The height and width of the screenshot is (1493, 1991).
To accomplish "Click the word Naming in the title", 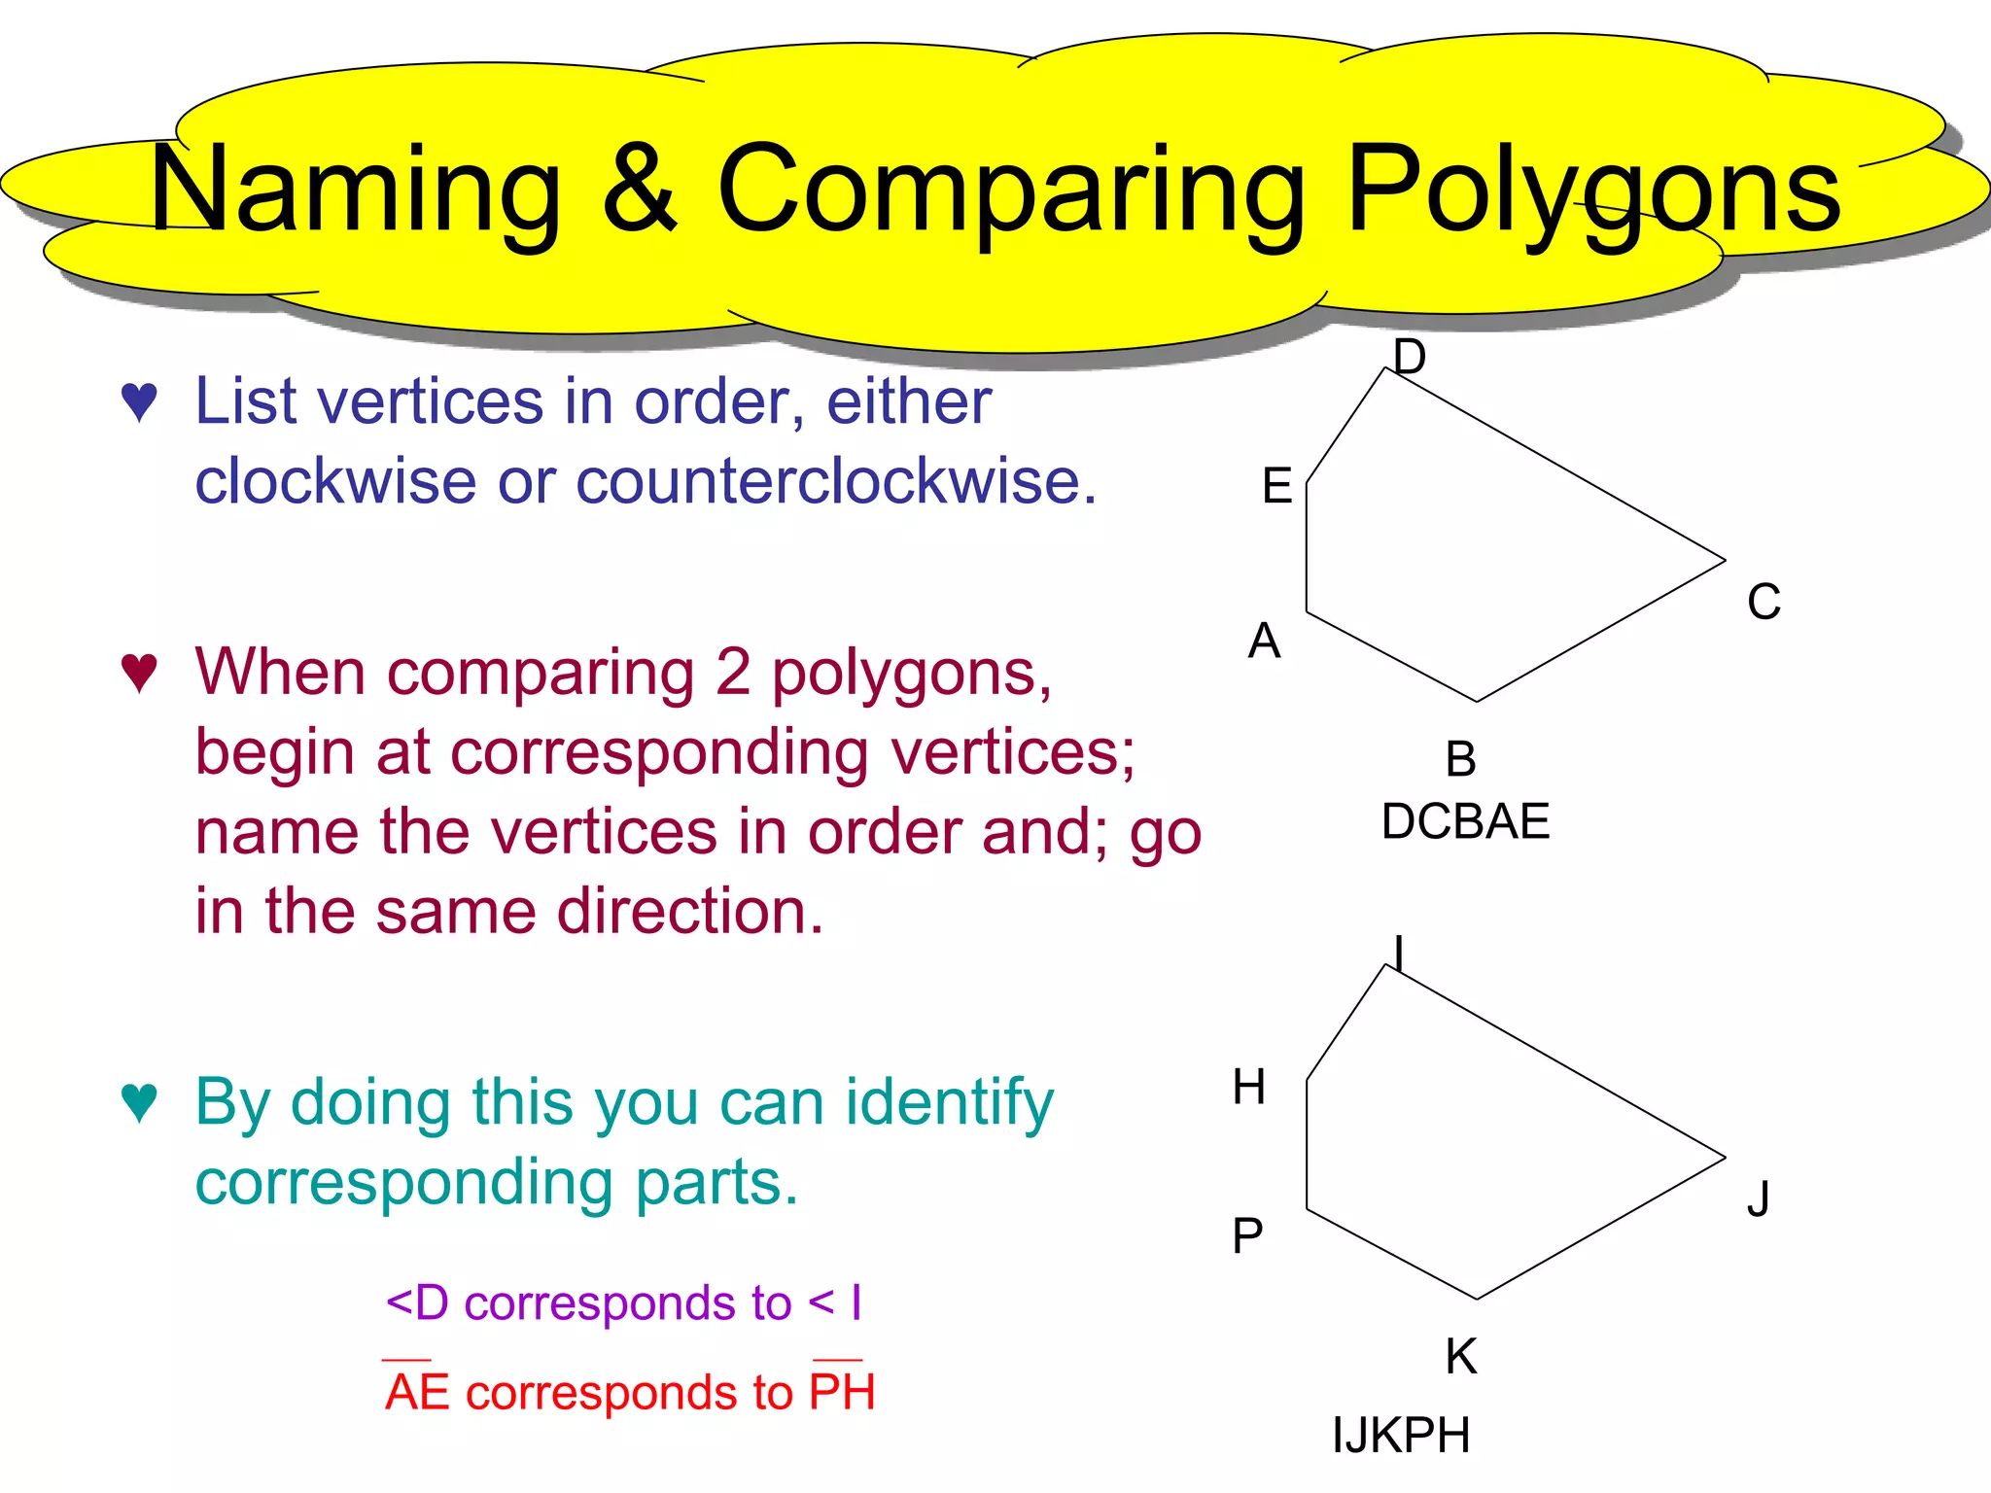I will coord(356,191).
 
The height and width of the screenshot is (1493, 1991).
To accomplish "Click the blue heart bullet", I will coord(139,402).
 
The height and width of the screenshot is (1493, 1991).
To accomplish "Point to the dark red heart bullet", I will coord(139,673).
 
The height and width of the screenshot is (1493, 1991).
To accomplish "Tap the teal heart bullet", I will coord(139,1103).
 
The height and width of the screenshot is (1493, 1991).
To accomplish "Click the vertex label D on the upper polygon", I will coord(1409,357).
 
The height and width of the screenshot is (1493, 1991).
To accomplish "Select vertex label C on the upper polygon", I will coord(1764,602).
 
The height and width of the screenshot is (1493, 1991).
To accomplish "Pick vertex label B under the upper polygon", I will coord(1460,759).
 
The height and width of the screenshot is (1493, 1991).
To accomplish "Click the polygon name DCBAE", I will coord(1465,821).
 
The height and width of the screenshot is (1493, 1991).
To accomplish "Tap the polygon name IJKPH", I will coord(1401,1435).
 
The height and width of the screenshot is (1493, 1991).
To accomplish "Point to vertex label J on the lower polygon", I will coord(1758,1198).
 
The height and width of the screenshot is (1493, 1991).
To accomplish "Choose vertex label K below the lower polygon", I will coord(1460,1356).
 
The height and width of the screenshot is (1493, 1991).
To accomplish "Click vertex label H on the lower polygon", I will coord(1249,1087).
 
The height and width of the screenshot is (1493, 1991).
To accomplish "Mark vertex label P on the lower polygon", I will coord(1247,1236).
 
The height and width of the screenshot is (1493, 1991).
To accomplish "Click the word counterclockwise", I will coord(835,481).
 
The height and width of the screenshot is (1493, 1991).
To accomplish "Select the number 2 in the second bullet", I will coord(733,672).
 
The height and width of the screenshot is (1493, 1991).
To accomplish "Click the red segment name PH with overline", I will coord(843,1391).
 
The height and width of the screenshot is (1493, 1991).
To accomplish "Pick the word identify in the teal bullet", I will coord(949,1103).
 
